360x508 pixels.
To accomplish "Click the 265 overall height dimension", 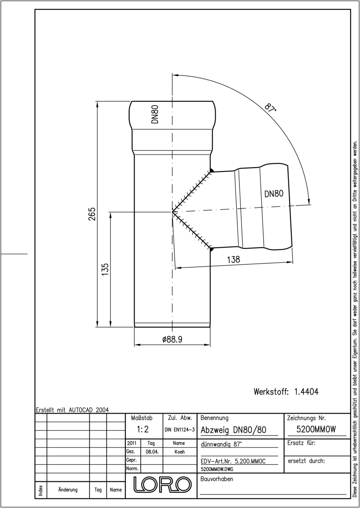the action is (92, 214).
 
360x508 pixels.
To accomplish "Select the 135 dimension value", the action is (105, 269).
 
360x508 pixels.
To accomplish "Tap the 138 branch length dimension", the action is (233, 260).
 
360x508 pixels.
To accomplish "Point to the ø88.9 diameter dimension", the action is (172, 340).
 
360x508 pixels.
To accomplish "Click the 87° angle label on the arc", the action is (270, 108).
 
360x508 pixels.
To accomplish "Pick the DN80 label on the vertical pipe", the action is (155, 114).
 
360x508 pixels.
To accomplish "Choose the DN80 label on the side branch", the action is (274, 194).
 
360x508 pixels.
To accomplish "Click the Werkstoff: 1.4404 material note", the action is (286, 392).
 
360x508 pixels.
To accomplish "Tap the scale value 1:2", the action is (142, 429).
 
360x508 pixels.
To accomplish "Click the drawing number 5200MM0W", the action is (316, 429).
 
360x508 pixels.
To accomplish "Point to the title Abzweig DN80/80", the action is (233, 430).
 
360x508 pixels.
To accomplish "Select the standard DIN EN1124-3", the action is (180, 430).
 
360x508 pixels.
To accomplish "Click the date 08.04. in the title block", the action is (152, 452).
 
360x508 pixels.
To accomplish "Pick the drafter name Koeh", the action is (180, 452).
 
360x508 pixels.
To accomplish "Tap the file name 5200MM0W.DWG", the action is (217, 469).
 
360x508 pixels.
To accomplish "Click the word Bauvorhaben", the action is (216, 479).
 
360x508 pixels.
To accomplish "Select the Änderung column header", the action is (68, 490).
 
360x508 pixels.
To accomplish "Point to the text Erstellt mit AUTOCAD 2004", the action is (72, 410).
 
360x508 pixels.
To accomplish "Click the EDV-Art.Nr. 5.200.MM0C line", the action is (233, 461).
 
